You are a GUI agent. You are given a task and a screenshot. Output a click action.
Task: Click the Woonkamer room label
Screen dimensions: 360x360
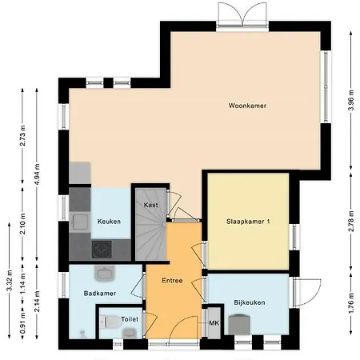coord(246,106)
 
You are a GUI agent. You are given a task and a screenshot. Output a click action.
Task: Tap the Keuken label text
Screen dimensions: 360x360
coord(109,222)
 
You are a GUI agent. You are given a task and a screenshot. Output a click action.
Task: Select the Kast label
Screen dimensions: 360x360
coord(150,206)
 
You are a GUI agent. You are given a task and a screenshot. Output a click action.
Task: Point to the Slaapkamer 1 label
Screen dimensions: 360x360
coord(247,222)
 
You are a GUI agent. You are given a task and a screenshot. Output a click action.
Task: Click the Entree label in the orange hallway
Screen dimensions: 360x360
coord(172,281)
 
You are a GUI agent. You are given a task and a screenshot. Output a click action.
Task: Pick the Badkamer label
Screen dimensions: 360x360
coord(100,294)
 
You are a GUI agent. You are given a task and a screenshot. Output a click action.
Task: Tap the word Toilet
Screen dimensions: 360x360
coord(130,318)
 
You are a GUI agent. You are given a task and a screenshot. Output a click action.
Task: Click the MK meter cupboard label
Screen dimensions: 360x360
coord(214,323)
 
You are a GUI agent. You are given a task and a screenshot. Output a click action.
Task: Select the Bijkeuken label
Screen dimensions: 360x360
coord(249,303)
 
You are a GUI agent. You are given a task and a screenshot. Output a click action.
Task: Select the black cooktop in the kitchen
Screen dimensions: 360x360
coord(102,250)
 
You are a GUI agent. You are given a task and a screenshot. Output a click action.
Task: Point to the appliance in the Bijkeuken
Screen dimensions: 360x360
coord(238,324)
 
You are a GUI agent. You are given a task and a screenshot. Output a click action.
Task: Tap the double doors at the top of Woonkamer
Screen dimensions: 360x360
coord(240,14)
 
